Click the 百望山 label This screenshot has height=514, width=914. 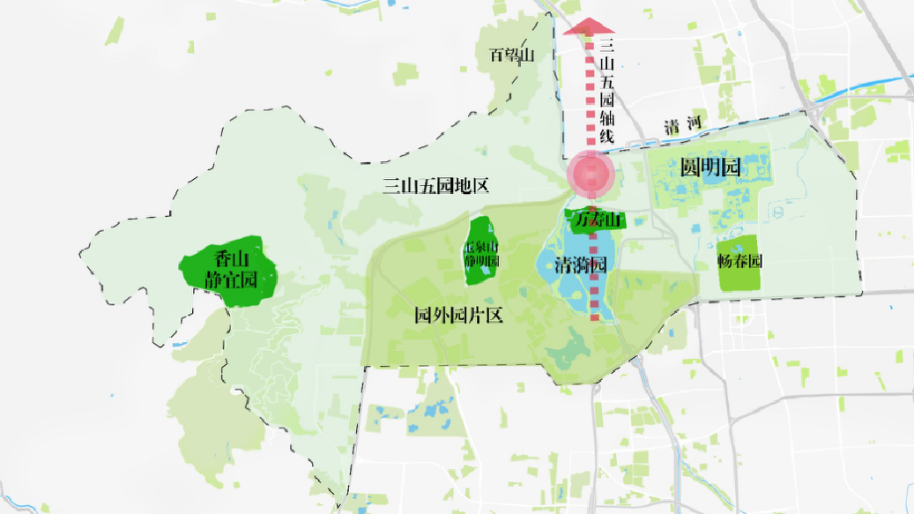tap(512, 56)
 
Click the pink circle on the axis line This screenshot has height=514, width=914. tap(590, 174)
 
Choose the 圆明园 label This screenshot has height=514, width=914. tap(709, 168)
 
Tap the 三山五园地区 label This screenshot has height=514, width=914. tap(435, 186)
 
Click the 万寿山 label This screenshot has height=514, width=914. tap(598, 220)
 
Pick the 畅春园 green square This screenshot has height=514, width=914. tap(739, 263)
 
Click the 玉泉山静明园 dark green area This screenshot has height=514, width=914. tap(481, 253)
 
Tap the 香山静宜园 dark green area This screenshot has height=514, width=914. tap(228, 270)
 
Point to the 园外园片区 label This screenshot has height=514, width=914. tap(458, 315)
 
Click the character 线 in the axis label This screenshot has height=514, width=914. tap(606, 137)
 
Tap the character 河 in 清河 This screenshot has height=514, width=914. tap(702, 125)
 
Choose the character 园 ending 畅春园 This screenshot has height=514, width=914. tap(755, 262)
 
